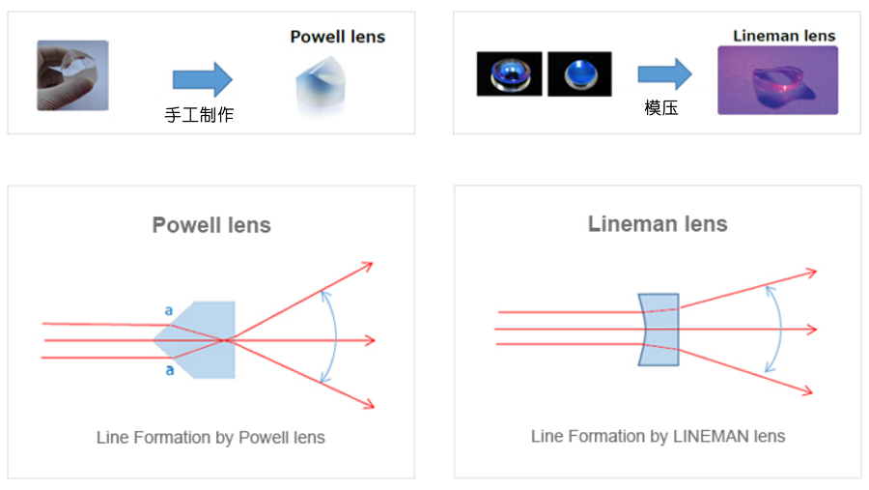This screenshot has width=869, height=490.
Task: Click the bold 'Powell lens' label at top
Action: pyautogui.click(x=337, y=38)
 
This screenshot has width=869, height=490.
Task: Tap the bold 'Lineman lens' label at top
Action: pyautogui.click(x=783, y=37)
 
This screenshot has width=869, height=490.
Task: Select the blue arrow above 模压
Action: pyautogui.click(x=664, y=73)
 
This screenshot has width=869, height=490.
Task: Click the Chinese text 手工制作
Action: pyautogui.click(x=199, y=115)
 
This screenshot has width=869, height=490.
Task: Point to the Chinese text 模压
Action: pyautogui.click(x=661, y=107)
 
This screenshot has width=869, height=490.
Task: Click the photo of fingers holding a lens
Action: pyautogui.click(x=72, y=75)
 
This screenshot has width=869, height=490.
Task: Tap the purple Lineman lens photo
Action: pyautogui.click(x=777, y=80)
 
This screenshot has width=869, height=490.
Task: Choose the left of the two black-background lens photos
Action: pyautogui.click(x=509, y=74)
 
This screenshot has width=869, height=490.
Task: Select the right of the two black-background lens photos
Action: pyautogui.click(x=579, y=74)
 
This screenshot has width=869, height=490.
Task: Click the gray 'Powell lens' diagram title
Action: pyautogui.click(x=211, y=226)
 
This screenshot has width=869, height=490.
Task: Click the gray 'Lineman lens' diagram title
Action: pyautogui.click(x=658, y=224)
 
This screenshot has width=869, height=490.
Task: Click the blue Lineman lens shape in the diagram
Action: pyautogui.click(x=659, y=330)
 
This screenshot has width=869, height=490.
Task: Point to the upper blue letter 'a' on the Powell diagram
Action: pyautogui.click(x=169, y=311)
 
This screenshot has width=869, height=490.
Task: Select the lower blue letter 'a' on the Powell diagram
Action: pyautogui.click(x=169, y=370)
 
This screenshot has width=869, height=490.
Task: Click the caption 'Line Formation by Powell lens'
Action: pyautogui.click(x=210, y=438)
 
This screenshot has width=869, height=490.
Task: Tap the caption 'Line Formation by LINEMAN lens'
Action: pyautogui.click(x=658, y=436)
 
